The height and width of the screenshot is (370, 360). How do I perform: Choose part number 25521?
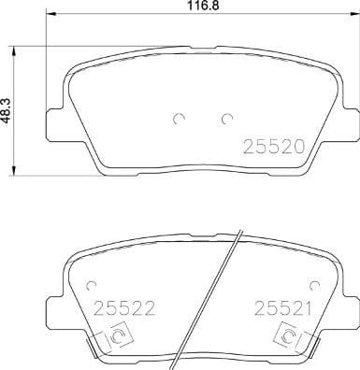click(x=277, y=306)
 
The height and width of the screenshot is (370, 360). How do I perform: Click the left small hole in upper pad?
click(x=179, y=119)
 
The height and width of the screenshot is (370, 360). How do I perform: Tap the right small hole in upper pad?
click(x=225, y=119)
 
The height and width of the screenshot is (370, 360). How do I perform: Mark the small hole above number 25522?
click(x=91, y=285)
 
